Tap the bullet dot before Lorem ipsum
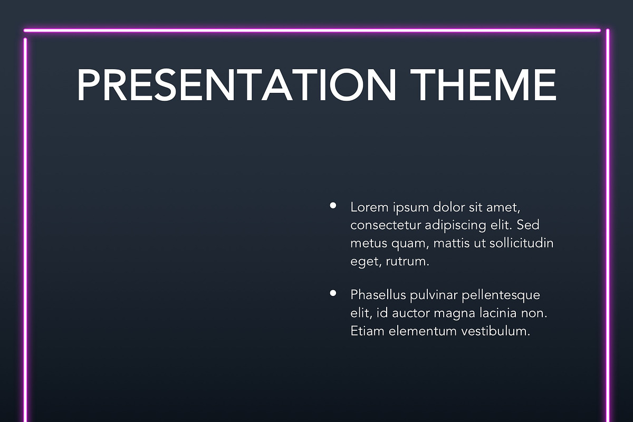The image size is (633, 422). [x=333, y=206]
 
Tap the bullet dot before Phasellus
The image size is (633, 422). [x=333, y=293]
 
